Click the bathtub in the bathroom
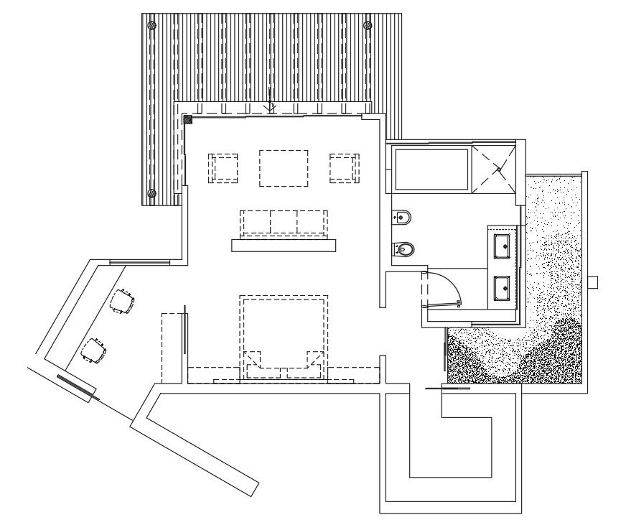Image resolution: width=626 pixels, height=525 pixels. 429,169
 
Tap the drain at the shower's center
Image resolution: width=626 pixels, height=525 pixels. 499,169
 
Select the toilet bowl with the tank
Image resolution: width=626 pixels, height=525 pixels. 404,249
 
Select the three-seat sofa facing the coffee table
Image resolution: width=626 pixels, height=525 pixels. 284,222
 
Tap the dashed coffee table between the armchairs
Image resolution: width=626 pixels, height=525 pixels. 284,168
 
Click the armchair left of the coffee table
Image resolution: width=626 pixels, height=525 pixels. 223,168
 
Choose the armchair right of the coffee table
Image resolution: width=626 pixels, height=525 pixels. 344,168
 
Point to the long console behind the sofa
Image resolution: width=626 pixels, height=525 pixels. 284,246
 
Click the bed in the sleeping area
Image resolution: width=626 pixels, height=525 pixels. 284,334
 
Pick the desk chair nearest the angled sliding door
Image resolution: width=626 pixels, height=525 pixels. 94,350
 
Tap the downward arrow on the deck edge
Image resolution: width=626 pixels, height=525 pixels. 270,108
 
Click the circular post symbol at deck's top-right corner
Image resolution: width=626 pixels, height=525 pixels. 368,25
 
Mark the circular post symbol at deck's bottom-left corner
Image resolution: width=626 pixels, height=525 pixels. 151,193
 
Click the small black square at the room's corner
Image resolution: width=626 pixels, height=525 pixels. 187,119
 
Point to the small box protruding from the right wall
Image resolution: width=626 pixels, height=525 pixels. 592,282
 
